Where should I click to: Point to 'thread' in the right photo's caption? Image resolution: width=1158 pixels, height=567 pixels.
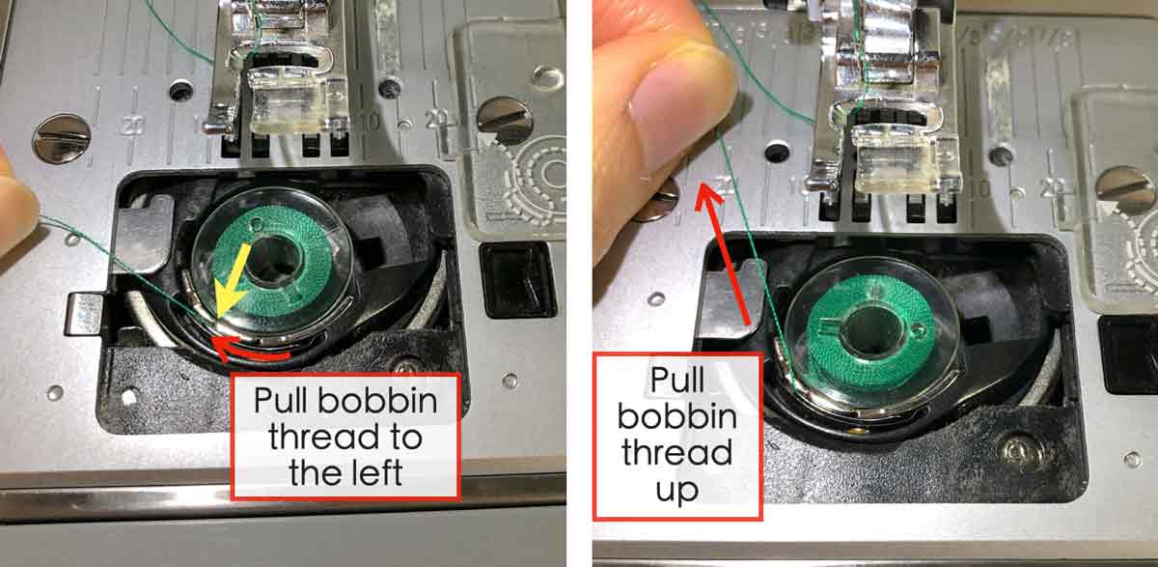(676, 454)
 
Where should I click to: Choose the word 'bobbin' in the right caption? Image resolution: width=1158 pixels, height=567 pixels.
(676, 418)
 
